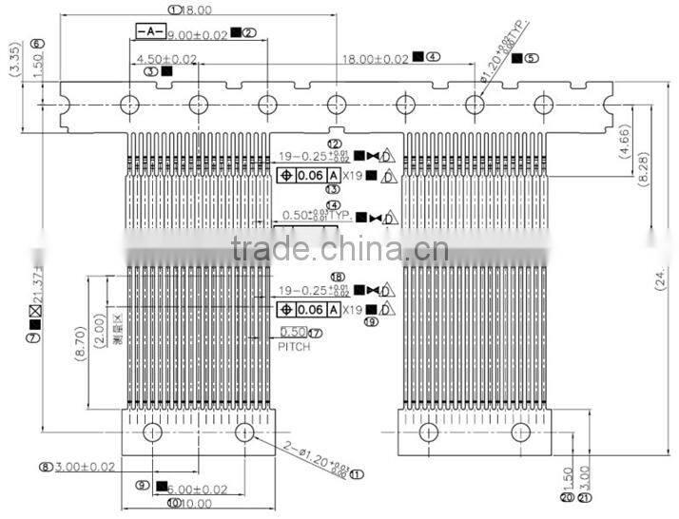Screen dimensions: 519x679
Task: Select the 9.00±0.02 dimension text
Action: tap(198, 34)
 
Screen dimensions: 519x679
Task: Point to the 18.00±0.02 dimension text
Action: tap(376, 58)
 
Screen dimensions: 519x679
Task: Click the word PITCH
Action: tap(295, 348)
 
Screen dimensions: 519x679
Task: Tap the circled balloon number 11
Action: tap(358, 472)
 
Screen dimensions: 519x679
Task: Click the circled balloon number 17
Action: tap(316, 333)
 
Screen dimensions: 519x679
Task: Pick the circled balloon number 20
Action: tap(567, 496)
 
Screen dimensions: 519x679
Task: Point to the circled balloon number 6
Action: tap(37, 44)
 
